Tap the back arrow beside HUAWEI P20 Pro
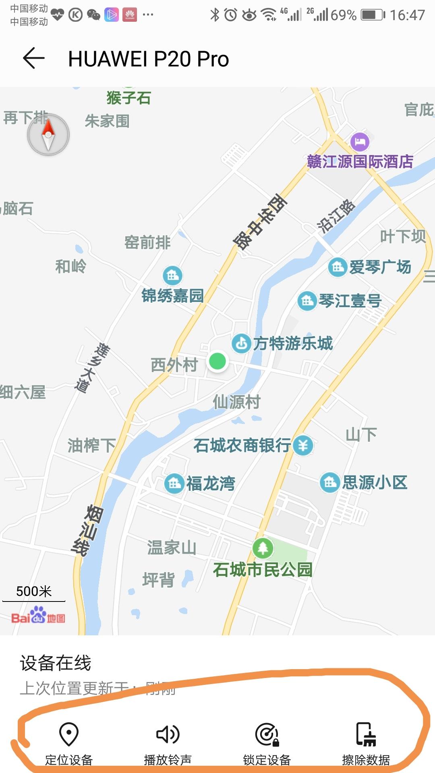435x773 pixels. pyautogui.click(x=34, y=58)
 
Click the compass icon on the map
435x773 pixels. pyautogui.click(x=48, y=135)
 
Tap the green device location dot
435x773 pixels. pyautogui.click(x=217, y=361)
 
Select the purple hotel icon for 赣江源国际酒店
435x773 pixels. pyautogui.click(x=360, y=142)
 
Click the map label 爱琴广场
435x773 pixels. pyautogui.click(x=380, y=267)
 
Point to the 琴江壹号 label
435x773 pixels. pyautogui.click(x=350, y=301)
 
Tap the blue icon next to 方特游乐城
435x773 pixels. pyautogui.click(x=242, y=343)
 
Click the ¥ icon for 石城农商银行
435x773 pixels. pyautogui.click(x=303, y=445)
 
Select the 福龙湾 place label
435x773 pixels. pyautogui.click(x=210, y=483)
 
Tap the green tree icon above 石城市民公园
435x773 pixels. pyautogui.click(x=263, y=548)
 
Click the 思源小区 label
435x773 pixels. pyautogui.click(x=375, y=482)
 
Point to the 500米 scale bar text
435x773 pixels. pyautogui.click(x=34, y=591)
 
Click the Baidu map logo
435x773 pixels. pyautogui.click(x=38, y=616)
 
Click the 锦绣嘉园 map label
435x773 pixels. pyautogui.click(x=172, y=296)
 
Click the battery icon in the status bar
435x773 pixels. pyautogui.click(x=373, y=15)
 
